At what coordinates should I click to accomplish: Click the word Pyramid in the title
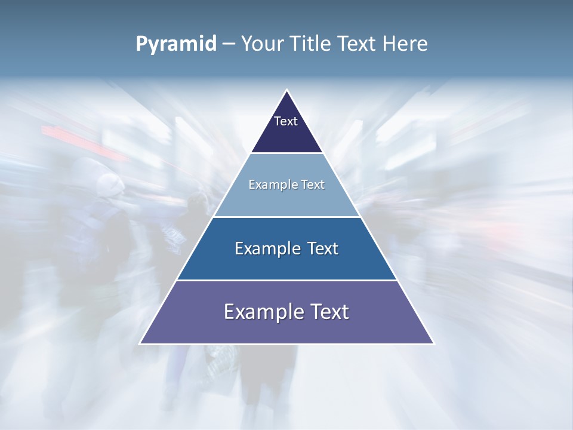pos(175,44)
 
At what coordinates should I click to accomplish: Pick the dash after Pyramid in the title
pos(228,44)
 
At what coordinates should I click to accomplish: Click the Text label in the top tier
pos(286,121)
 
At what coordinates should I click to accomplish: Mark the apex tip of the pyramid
pos(287,91)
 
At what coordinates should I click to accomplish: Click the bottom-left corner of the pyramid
pos(141,343)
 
